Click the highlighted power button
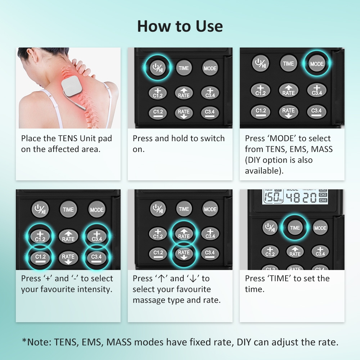tap(158, 68)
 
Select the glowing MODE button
tap(316, 64)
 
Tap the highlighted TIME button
tap(295, 228)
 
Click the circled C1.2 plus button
tap(40, 237)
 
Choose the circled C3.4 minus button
tap(96, 257)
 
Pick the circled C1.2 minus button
tap(40, 257)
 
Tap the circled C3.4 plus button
tap(96, 237)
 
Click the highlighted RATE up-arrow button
tap(184, 234)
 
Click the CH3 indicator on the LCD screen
tap(323, 195)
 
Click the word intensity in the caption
tap(95, 289)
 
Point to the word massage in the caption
tap(147, 301)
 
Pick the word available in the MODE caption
tap(264, 171)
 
